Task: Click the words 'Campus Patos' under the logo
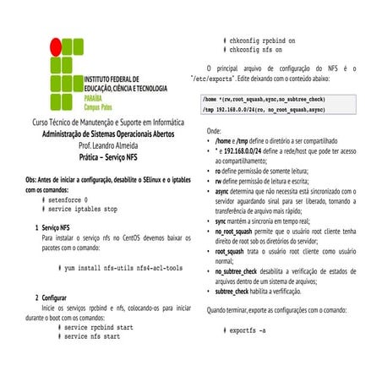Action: tap(101, 107)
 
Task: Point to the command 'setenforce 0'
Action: tap(68, 199)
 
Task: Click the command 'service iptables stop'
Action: tap(83, 208)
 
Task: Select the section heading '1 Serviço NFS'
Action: tap(52, 228)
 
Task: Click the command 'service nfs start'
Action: tap(92, 336)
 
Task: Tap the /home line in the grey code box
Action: tap(264, 100)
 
